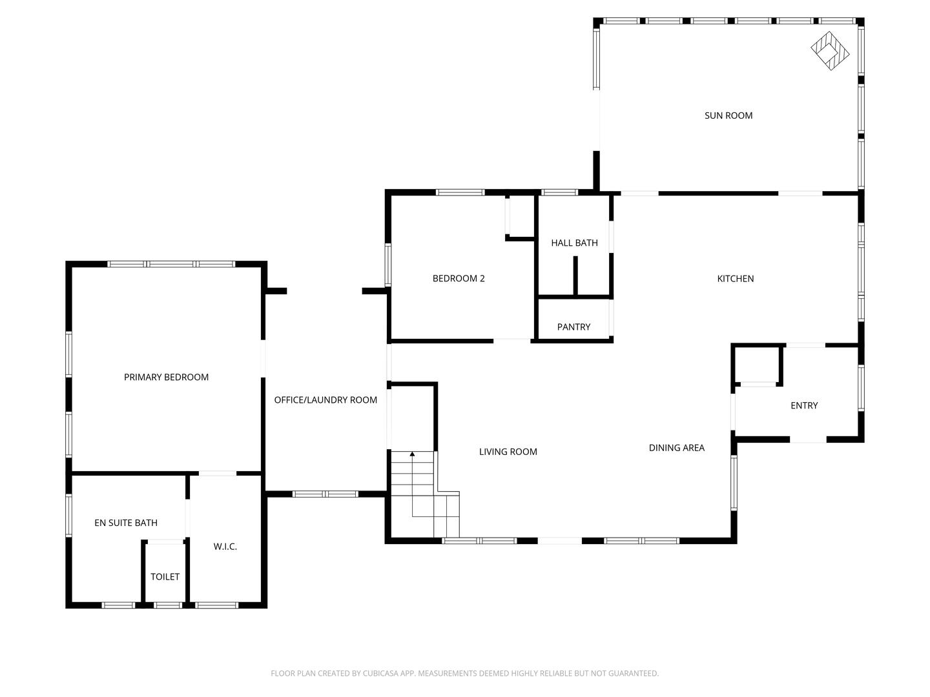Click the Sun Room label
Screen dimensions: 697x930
[x=728, y=116]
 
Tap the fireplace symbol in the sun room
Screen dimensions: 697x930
[x=830, y=50]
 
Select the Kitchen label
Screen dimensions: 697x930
[x=735, y=279]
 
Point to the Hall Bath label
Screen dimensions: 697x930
[x=574, y=243]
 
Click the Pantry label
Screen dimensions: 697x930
[x=573, y=327]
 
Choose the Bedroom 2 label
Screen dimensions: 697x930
[x=459, y=279]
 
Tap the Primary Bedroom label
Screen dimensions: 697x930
[x=166, y=378]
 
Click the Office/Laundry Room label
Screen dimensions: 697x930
[x=325, y=400]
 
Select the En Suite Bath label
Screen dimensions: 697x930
[x=126, y=523]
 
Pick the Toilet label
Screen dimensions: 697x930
[x=165, y=577]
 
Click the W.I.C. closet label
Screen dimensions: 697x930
[x=225, y=547]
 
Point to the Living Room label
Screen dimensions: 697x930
[x=508, y=452]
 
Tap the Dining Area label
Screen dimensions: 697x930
[x=676, y=448]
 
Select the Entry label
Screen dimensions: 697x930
[x=804, y=406]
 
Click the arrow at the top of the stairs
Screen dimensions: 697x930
[x=412, y=455]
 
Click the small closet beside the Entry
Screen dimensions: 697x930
[x=756, y=365]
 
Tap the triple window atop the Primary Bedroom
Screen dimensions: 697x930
[x=171, y=264]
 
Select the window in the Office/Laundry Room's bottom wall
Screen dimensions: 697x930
[x=325, y=494]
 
